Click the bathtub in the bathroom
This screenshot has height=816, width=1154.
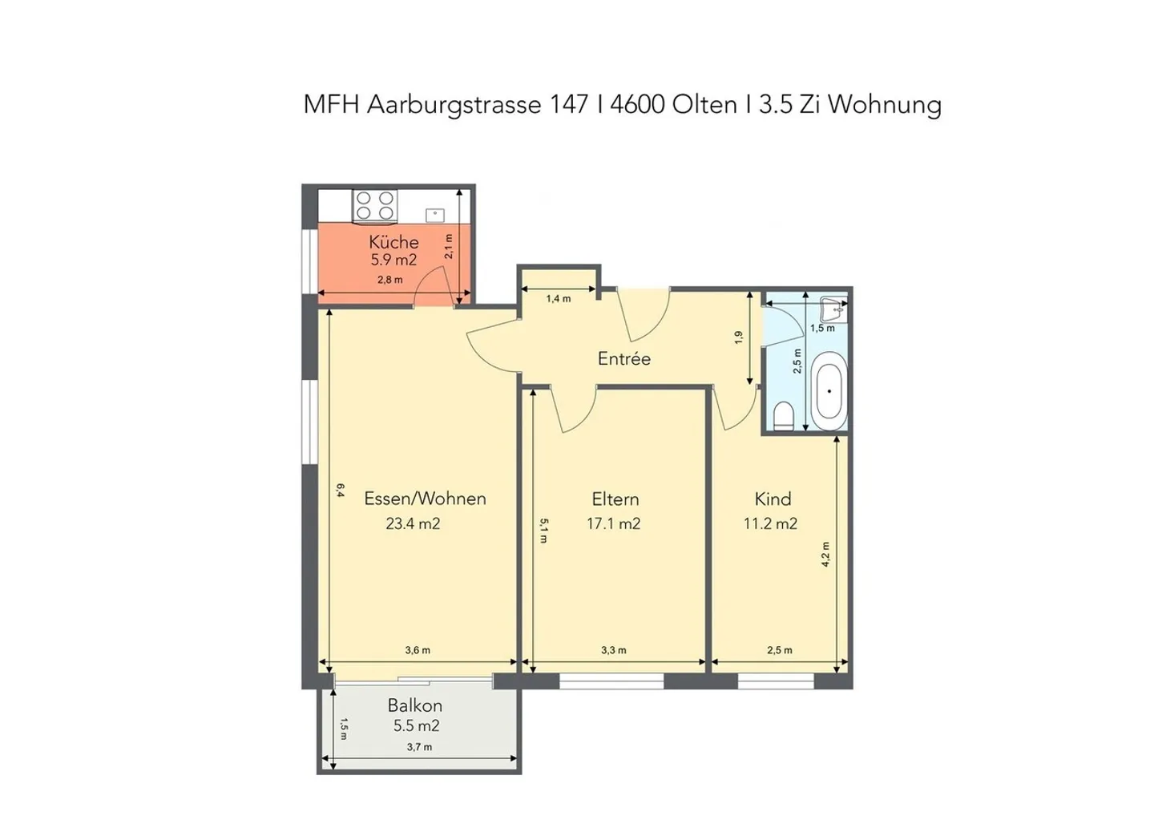829,393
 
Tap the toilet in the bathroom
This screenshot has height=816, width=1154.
784,416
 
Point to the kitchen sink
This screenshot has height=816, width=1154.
434,214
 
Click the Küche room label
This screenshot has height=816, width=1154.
393,241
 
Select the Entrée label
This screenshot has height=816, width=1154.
623,358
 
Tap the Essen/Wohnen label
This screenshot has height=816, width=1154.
425,499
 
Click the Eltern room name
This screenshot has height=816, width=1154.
615,499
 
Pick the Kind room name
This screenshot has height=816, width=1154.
773,499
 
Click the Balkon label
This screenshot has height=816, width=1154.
414,705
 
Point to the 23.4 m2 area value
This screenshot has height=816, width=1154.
414,524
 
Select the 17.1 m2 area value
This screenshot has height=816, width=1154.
613,524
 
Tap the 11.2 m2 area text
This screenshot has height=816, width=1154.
770,524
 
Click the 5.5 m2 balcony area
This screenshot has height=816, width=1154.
416,726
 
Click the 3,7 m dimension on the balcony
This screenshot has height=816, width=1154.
419,747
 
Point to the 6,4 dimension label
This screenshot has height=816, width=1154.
340,491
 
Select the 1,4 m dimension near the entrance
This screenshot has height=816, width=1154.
559,299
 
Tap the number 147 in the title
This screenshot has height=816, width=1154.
570,105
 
